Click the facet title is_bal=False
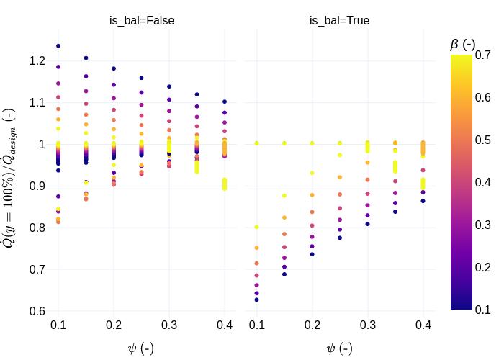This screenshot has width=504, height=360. pos(141,21)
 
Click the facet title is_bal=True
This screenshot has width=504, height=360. pos(339,21)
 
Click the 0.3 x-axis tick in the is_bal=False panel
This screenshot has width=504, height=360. pos(169,325)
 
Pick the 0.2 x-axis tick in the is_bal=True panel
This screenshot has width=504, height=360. pos(312,325)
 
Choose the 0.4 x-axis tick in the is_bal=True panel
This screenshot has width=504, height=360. pos(423,325)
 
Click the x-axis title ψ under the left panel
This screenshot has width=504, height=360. pos(140,348)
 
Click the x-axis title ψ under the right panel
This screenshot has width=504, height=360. pos(339,348)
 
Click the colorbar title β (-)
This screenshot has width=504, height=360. pos(462,44)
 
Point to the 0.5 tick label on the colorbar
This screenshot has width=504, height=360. pos(483,140)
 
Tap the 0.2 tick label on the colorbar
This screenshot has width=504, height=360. pos(483,267)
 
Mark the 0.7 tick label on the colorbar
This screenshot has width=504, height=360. pos(483,56)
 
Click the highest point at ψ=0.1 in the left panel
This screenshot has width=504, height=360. pos(58,46)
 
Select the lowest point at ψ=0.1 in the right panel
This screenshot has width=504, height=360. pos(256,300)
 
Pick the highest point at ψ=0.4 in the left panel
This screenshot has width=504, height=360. pos(225,102)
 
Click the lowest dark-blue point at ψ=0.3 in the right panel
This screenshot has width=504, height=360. pos(367,224)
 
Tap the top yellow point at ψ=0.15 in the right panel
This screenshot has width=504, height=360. pos(284,143)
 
